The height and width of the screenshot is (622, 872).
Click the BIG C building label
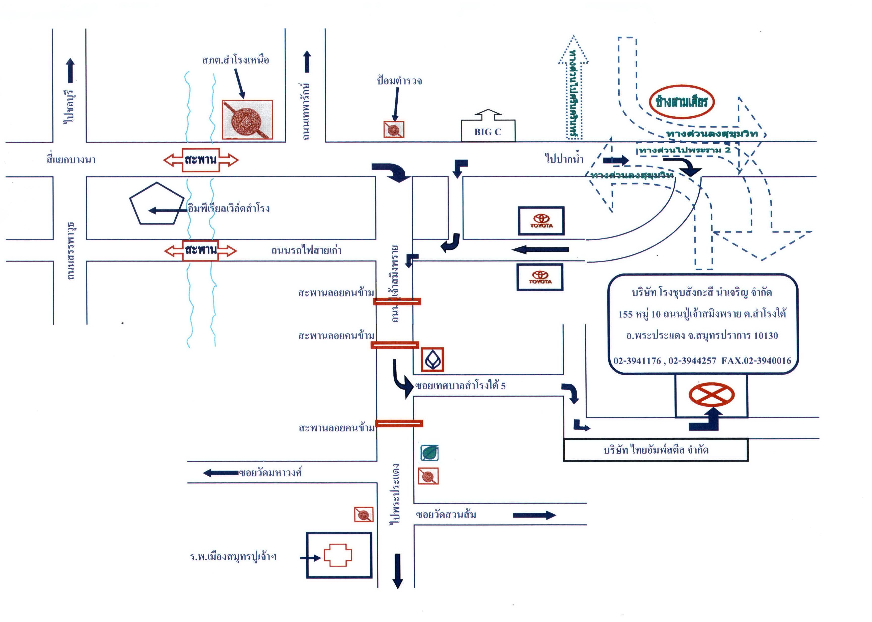pos(488,132)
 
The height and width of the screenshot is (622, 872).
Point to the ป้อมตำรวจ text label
pos(399,81)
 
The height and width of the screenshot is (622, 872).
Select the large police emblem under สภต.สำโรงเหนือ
pos(247,119)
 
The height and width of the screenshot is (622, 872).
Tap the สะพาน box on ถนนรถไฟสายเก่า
pos(200,250)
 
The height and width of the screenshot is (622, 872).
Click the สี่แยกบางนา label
pos(71,160)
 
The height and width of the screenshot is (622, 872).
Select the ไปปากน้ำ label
pos(564,158)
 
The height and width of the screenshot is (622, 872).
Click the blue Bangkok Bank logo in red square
pos(432,360)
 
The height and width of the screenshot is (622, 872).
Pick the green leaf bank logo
pos(429,453)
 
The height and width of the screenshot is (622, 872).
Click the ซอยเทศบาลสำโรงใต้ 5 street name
pos(460,386)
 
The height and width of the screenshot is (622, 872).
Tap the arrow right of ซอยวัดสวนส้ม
pos(534,515)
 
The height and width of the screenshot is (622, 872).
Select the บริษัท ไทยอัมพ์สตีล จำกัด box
pos(655,450)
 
